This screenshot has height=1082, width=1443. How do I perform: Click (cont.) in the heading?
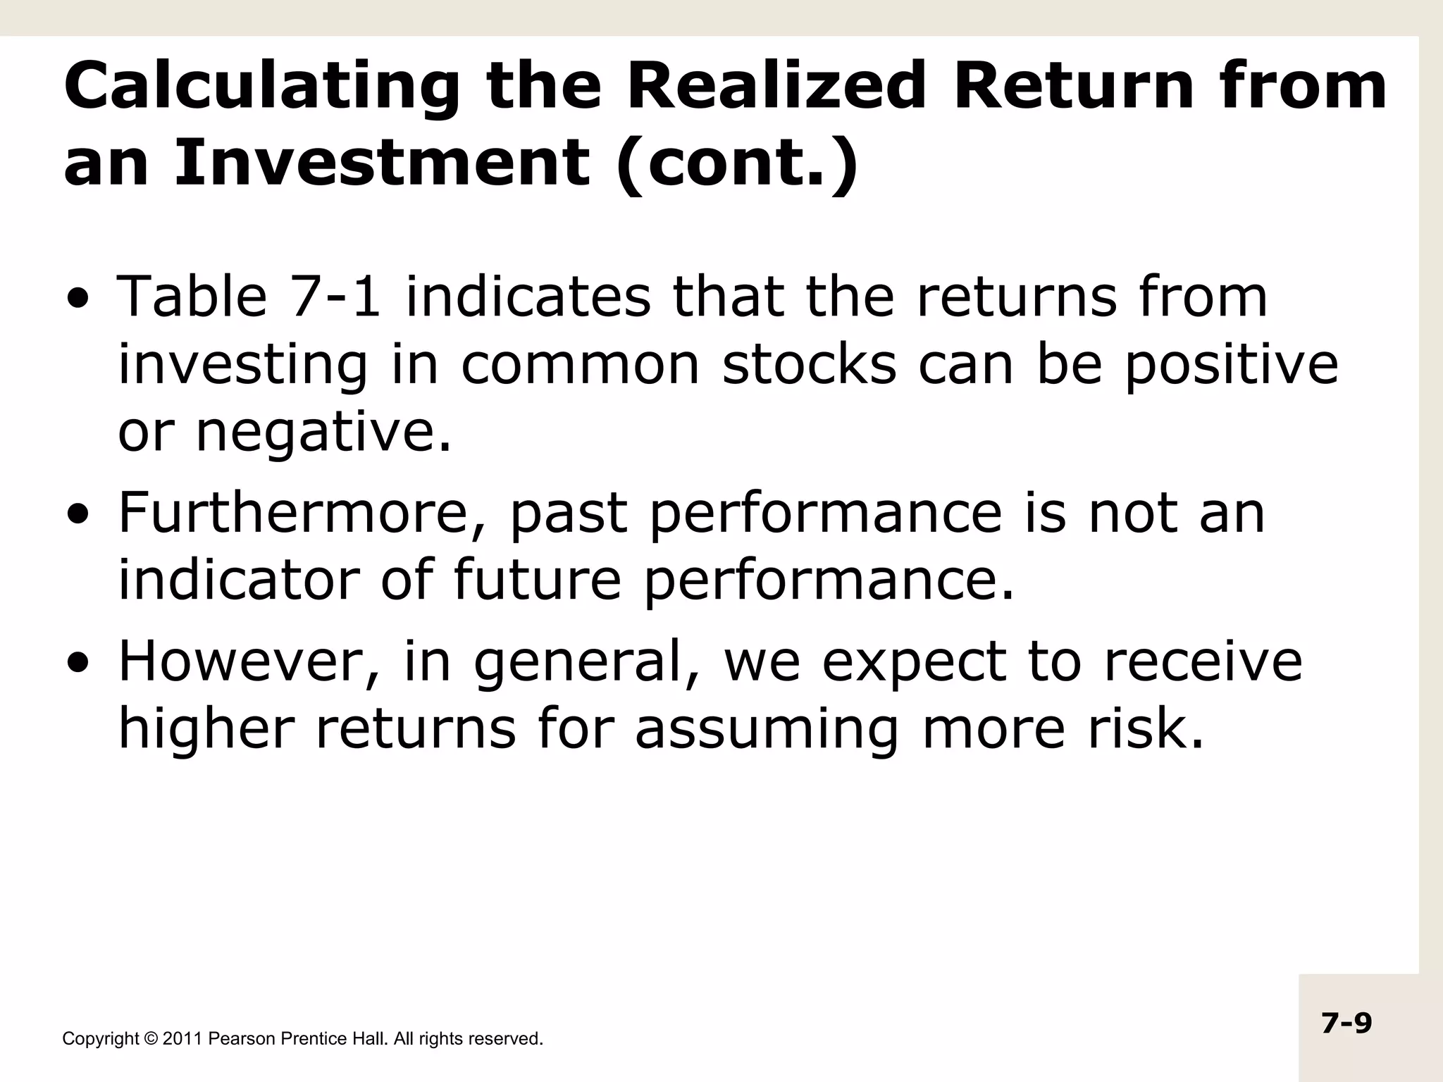pyautogui.click(x=736, y=163)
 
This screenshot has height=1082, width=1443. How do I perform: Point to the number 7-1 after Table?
pyautogui.click(x=335, y=297)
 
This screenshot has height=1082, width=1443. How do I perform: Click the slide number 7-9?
pyautogui.click(x=1346, y=1023)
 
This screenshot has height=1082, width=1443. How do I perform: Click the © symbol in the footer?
pyautogui.click(x=151, y=1039)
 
